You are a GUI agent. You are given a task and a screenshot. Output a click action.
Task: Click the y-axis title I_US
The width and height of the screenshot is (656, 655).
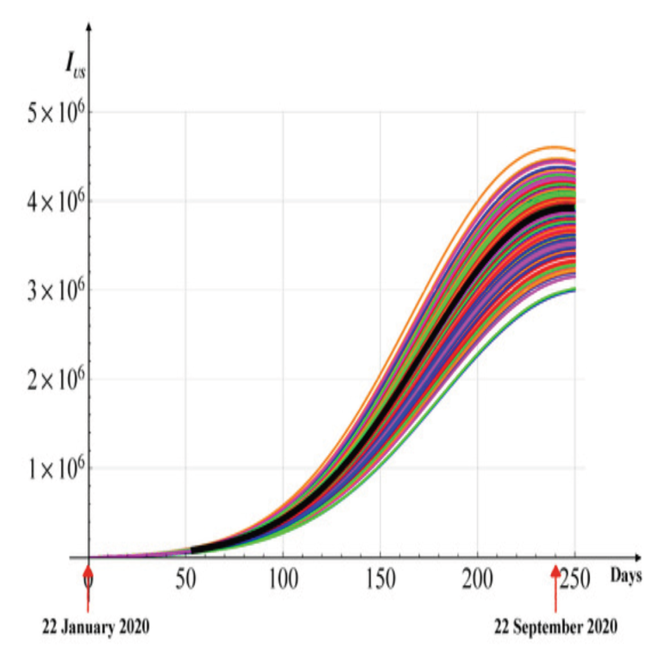[74, 65]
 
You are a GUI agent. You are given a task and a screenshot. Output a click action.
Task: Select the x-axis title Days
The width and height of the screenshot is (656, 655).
[626, 576]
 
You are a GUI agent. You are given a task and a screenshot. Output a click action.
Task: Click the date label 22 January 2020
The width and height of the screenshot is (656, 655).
[96, 627]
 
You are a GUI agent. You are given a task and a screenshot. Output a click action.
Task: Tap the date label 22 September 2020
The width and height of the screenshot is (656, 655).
[555, 627]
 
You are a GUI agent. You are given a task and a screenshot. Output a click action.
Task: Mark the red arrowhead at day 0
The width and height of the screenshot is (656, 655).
[88, 571]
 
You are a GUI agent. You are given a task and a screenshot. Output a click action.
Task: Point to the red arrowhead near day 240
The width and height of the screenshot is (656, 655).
[555, 571]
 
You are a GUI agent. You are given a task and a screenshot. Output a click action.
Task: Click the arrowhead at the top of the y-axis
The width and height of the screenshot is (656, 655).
[89, 26]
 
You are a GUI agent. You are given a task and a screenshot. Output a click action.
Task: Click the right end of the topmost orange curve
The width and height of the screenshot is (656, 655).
[574, 151]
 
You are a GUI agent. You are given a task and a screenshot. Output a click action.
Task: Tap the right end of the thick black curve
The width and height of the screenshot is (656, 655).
[574, 208]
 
